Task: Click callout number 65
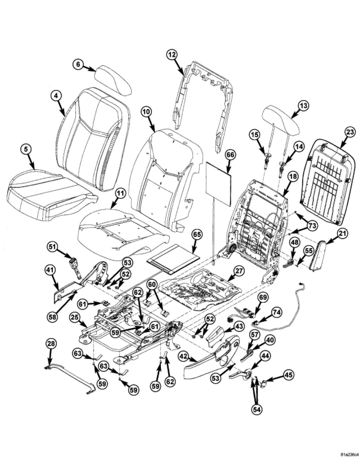coord(197,235)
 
